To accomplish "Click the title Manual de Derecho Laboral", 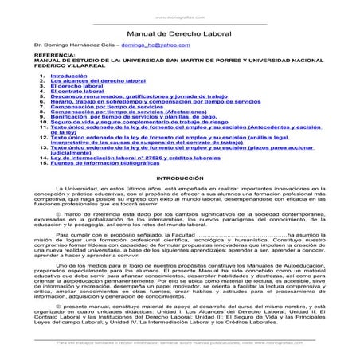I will (x=180, y=36).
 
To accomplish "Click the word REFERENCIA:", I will (x=43, y=62).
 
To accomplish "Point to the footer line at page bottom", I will (x=180, y=344).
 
